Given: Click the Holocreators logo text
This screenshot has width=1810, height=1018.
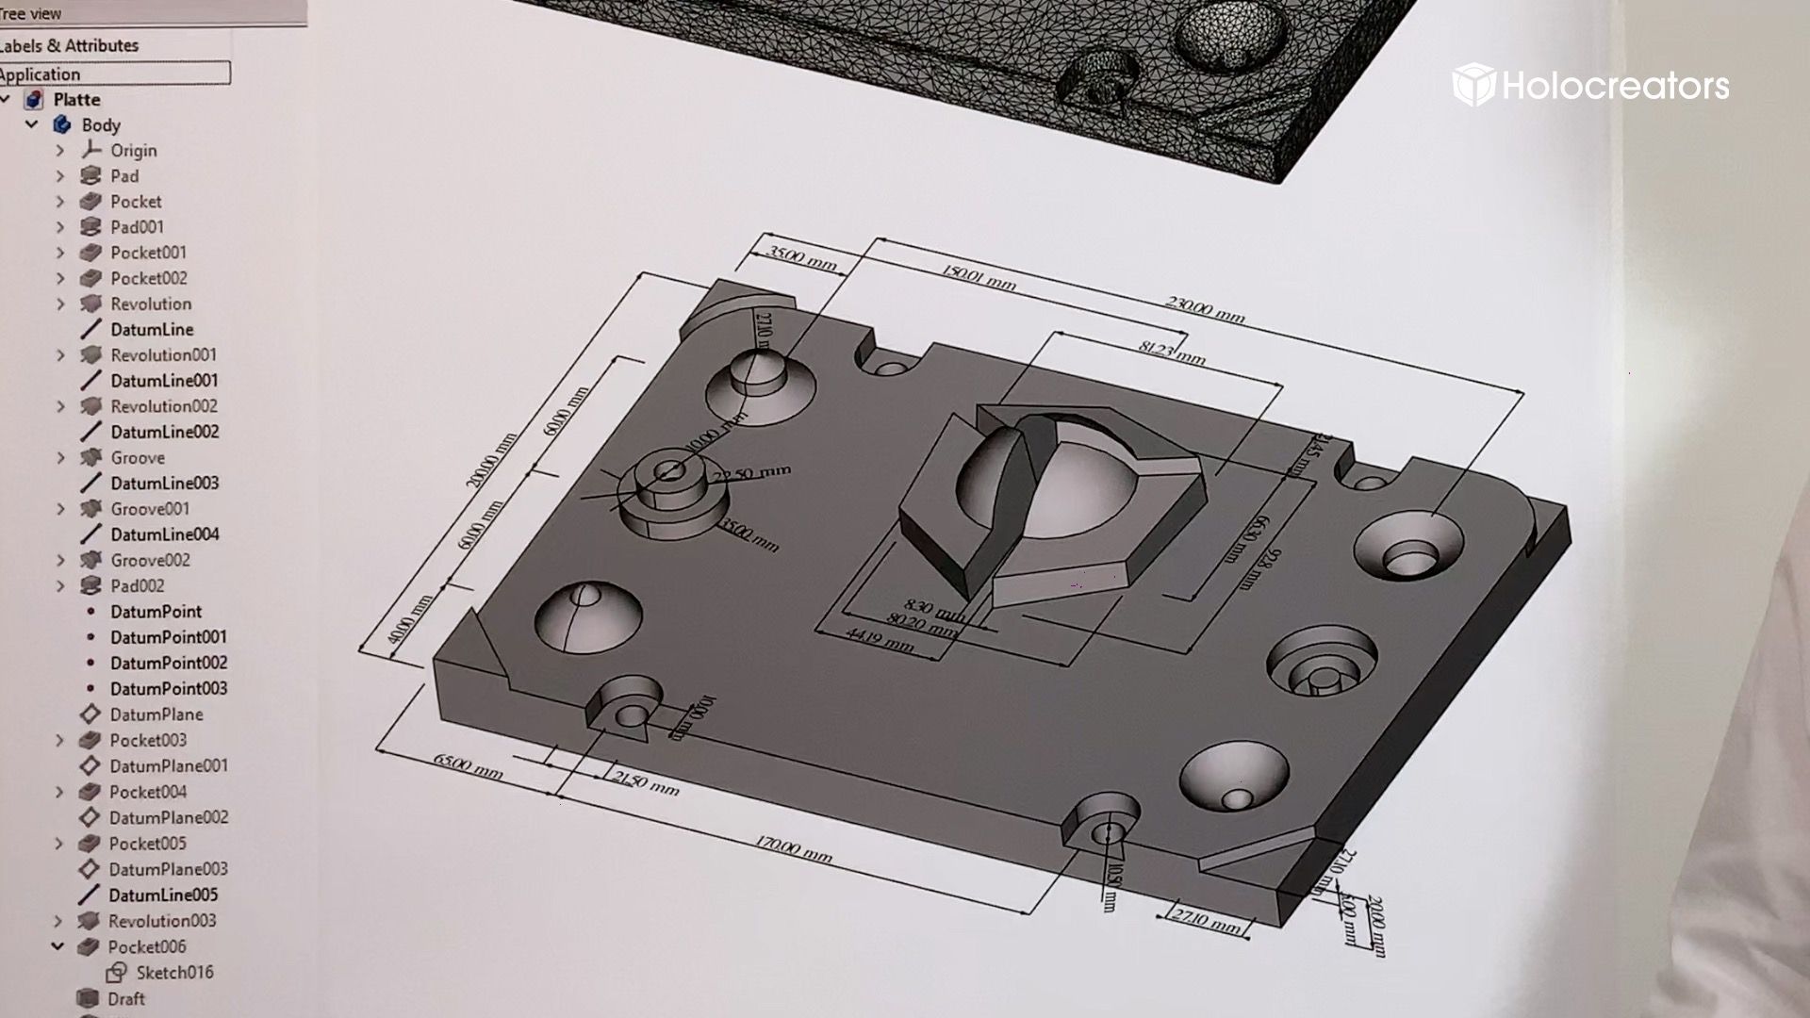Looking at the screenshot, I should pyautogui.click(x=1614, y=86).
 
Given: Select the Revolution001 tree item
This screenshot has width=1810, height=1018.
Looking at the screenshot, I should pyautogui.click(x=162, y=355).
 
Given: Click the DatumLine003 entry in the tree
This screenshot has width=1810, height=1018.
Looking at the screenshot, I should pyautogui.click(x=164, y=484).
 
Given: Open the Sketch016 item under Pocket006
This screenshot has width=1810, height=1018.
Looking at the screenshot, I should pyautogui.click(x=173, y=973).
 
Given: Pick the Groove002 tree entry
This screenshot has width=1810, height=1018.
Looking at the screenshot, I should pyautogui.click(x=149, y=560).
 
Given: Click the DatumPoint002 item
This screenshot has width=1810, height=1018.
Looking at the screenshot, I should pyautogui.click(x=168, y=663).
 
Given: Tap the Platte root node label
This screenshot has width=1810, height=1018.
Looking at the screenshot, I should pyautogui.click(x=76, y=100).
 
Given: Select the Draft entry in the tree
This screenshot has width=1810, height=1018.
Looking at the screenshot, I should pyautogui.click(x=125, y=999).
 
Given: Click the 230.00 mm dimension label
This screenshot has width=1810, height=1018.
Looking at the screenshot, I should pyautogui.click(x=1205, y=309).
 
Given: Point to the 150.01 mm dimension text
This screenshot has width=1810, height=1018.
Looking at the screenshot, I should pyautogui.click(x=979, y=277).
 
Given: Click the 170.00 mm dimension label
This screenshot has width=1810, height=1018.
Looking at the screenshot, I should pyautogui.click(x=793, y=849).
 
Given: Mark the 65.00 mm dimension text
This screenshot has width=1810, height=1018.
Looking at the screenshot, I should pyautogui.click(x=468, y=765).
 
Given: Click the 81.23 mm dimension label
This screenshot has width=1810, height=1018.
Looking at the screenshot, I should pyautogui.click(x=1171, y=352).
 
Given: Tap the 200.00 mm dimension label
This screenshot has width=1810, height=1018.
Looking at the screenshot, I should pyautogui.click(x=491, y=460).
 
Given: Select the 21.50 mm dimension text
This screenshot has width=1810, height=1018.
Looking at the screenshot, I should pyautogui.click(x=645, y=781).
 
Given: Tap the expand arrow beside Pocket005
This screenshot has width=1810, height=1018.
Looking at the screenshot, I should pyautogui.click(x=58, y=844).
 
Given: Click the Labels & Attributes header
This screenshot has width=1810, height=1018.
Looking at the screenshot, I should pyautogui.click(x=69, y=45).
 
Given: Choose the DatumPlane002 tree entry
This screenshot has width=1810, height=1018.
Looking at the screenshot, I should pyautogui.click(x=168, y=818).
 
